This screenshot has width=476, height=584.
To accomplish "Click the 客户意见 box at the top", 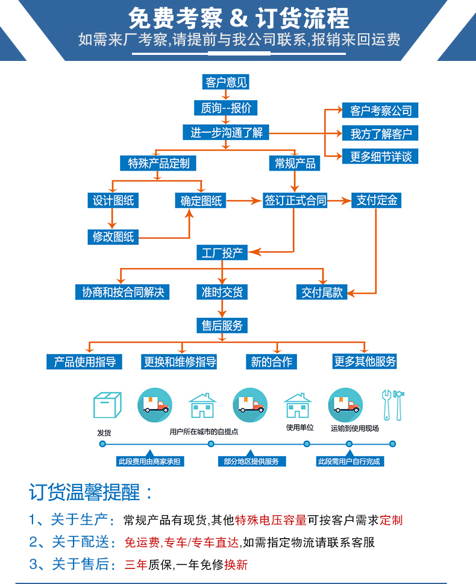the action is point(226,82).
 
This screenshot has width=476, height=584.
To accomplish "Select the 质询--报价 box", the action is point(226,108).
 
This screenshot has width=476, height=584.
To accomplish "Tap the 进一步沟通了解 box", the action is point(226,132).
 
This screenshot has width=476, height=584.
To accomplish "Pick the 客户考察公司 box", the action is point(380,110).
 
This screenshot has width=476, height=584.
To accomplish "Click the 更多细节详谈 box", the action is point(380,156).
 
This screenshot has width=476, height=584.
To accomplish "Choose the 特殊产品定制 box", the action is point(158,163).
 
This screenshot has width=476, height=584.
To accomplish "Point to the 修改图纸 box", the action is point(113,237).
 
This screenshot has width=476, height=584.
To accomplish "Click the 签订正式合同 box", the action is point(295,200).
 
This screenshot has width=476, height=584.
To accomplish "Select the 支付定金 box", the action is point(377,200).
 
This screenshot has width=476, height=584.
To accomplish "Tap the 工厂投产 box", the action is point(222,253).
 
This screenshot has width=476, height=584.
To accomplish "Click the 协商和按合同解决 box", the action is point(122,292).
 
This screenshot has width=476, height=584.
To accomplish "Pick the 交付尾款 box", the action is point(322,292).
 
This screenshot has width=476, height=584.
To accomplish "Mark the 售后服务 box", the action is point(222,326).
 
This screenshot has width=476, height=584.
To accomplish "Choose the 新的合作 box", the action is point(272,361).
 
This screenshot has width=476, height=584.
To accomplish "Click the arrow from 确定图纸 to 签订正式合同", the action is point(243,201).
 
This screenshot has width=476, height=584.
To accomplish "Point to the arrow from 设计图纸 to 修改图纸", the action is point(112,218).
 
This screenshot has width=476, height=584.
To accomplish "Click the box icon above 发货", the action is point(107,405).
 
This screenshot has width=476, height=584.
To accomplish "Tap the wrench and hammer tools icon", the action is point(393,405).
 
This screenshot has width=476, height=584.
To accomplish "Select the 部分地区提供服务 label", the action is point(251,462).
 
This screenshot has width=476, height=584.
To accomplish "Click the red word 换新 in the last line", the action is point(236,565).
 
